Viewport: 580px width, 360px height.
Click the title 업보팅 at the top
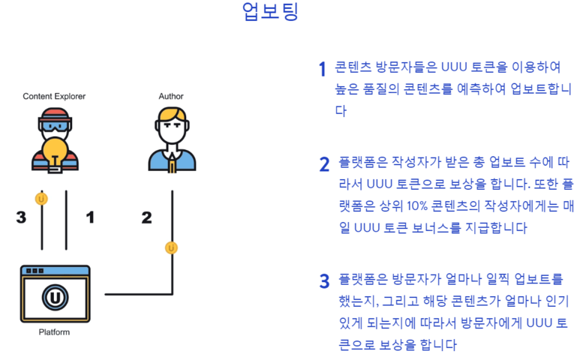click(270, 13)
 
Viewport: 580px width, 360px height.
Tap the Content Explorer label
click(54, 96)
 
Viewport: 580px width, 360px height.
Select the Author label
click(171, 96)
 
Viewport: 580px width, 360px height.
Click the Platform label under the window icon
click(54, 331)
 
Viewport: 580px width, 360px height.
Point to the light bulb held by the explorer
click(55, 151)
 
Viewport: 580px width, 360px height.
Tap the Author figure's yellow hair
click(172, 116)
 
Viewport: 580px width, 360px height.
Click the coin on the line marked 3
click(42, 199)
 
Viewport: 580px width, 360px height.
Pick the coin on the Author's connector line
click(172, 247)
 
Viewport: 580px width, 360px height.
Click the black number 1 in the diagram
click(91, 217)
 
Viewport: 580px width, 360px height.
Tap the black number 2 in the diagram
click(146, 217)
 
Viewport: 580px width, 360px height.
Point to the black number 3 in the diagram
click(21, 217)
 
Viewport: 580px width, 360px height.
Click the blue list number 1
click(323, 70)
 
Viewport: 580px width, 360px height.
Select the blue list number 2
click(324, 164)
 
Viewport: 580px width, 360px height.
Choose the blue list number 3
click(324, 281)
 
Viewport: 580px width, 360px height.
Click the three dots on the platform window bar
click(32, 270)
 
